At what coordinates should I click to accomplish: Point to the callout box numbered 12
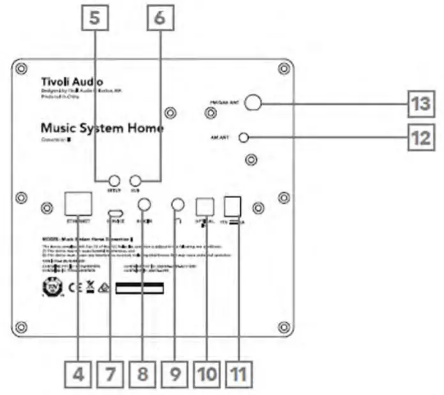420,137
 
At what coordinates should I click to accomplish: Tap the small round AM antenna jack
243,137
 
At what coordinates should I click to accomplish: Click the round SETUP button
114,182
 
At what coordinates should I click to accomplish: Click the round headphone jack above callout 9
178,204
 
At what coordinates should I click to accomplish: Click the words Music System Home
101,128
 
